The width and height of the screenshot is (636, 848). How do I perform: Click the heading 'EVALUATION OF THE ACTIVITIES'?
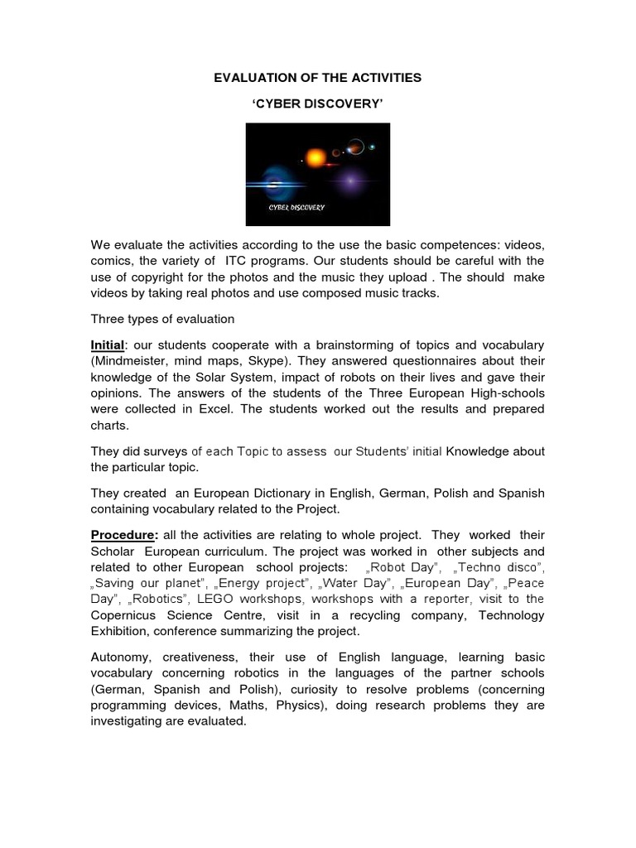(x=317, y=77)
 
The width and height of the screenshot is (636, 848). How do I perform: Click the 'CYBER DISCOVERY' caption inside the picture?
(x=296, y=207)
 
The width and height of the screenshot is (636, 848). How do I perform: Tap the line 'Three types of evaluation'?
(x=163, y=319)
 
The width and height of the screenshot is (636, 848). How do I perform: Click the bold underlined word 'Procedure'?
(x=124, y=535)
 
